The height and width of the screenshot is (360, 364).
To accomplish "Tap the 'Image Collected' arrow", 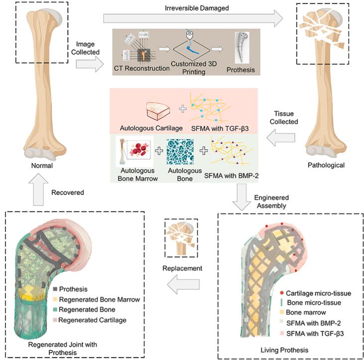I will point(87,64).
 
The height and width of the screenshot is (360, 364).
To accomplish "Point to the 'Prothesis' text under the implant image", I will point(240,70).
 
